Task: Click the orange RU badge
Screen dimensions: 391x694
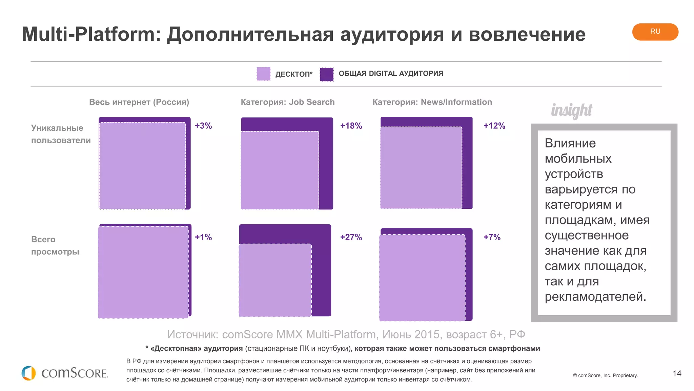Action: point(655,32)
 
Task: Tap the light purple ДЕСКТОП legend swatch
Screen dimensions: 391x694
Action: point(263,74)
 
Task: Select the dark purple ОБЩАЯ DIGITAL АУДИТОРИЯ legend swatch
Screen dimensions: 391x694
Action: point(327,74)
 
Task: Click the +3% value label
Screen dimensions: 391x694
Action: point(203,126)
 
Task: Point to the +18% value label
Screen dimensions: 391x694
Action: point(351,126)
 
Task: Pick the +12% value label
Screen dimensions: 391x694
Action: point(494,126)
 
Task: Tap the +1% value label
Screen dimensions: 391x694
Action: point(203,237)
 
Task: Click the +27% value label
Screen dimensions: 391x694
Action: point(351,237)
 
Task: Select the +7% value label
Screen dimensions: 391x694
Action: point(492,237)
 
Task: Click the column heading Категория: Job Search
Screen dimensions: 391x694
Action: point(287,102)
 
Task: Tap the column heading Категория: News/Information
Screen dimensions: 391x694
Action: point(432,102)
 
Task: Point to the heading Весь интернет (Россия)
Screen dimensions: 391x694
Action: point(139,102)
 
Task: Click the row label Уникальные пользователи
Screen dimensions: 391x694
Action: point(61,134)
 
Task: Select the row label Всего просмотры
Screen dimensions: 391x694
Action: point(55,245)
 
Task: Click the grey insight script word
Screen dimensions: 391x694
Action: point(571,110)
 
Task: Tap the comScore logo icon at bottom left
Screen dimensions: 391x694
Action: point(28,373)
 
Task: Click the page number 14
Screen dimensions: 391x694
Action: point(677,373)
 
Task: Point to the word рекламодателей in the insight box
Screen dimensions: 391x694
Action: point(595,297)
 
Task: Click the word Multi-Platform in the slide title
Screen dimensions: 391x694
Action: point(91,34)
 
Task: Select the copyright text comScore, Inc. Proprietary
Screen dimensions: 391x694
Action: point(606,375)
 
